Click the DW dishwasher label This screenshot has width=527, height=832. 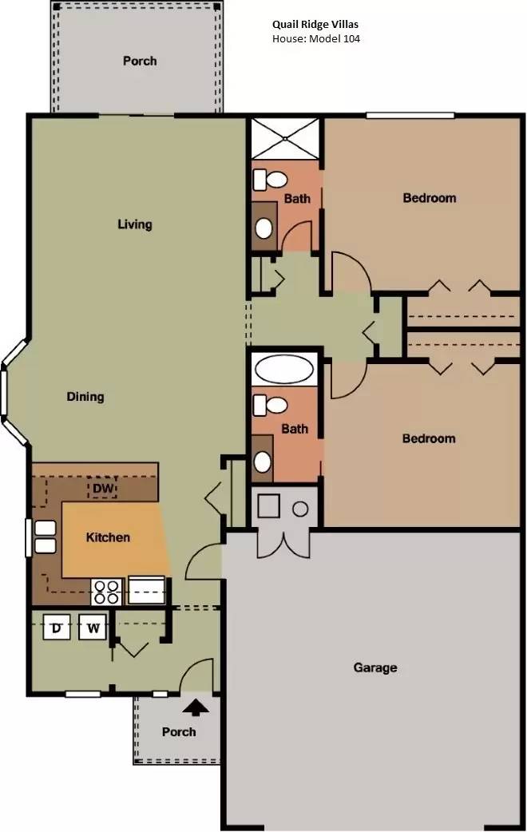pyautogui.click(x=104, y=488)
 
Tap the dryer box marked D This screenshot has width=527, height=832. pyautogui.click(x=57, y=628)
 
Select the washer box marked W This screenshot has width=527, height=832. pyautogui.click(x=93, y=628)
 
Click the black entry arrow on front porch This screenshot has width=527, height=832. pyautogui.click(x=196, y=707)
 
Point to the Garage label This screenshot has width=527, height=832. pyautogui.click(x=375, y=668)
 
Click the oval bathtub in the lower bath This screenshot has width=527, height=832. pyautogui.click(x=284, y=368)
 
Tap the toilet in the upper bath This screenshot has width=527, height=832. pyautogui.click(x=270, y=180)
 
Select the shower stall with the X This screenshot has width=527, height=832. pyautogui.click(x=285, y=138)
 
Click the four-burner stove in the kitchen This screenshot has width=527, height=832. pyautogui.click(x=107, y=592)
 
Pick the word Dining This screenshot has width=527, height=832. pyautogui.click(x=85, y=396)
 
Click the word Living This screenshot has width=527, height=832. pyautogui.click(x=135, y=224)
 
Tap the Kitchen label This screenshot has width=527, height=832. pyautogui.click(x=108, y=537)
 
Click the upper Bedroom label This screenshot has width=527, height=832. pyautogui.click(x=430, y=198)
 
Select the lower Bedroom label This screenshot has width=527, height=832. pyautogui.click(x=429, y=438)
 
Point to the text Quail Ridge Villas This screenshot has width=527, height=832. pyautogui.click(x=315, y=25)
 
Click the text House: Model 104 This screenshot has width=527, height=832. pyautogui.click(x=316, y=38)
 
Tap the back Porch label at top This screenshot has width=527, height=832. pyautogui.click(x=140, y=61)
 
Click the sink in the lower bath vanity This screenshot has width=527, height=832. pyautogui.click(x=263, y=462)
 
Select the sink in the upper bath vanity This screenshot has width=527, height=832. pyautogui.click(x=264, y=228)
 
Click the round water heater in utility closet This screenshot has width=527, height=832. pyautogui.click(x=300, y=509)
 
